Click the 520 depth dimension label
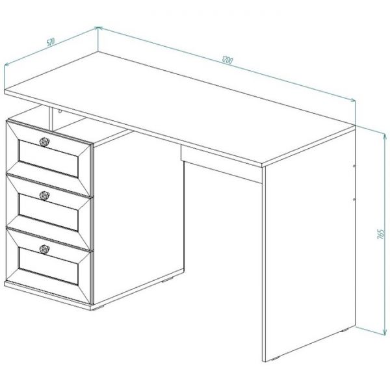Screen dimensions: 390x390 (x=51, y=42)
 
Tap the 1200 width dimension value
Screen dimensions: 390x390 (x=227, y=60)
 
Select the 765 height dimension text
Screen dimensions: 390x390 (x=381, y=234)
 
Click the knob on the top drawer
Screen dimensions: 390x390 (x=44, y=142)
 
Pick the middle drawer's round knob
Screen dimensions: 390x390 (x=44, y=196)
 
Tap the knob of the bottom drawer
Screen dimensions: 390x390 (x=44, y=249)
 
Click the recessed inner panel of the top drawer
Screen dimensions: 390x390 (x=49, y=159)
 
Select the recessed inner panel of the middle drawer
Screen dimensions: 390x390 (x=49, y=212)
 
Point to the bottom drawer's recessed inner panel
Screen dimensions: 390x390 (x=49, y=266)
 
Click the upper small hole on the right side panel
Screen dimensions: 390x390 (x=354, y=166)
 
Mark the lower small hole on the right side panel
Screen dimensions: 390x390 (x=354, y=200)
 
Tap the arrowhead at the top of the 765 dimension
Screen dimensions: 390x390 (x=385, y=136)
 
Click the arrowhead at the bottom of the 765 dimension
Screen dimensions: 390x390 (x=385, y=332)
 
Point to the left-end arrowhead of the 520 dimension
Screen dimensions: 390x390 (x=7, y=64)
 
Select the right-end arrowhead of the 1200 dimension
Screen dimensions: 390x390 (x=352, y=100)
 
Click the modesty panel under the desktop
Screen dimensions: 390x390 (x=222, y=164)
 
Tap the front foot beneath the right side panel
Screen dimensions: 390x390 (x=274, y=359)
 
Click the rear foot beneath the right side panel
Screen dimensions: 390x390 (x=344, y=331)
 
